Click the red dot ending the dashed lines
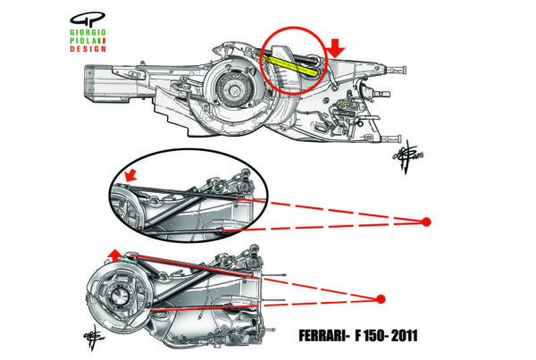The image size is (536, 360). (x=427, y=221)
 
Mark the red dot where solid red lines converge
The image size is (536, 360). (x=381, y=298)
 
